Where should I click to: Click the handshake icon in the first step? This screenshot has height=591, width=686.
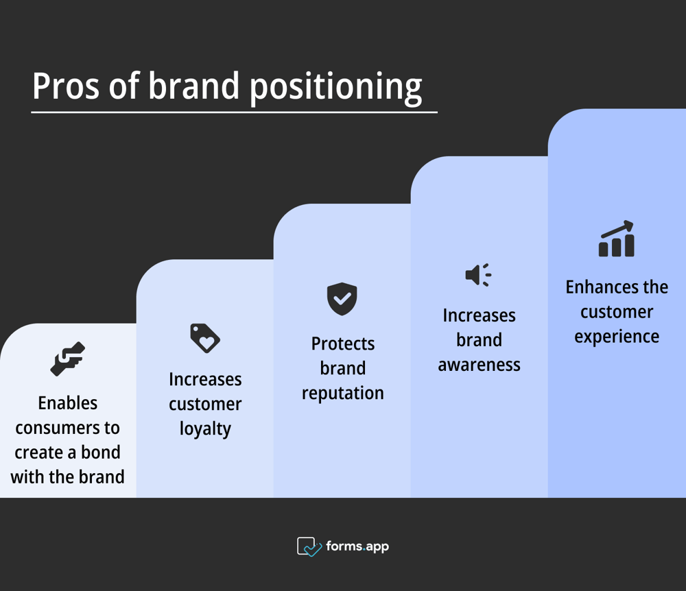[x=67, y=359]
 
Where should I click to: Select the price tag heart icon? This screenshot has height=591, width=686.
[x=204, y=338]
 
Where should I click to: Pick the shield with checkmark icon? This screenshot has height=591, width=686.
[x=342, y=299]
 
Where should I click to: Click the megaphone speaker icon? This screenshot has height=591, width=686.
[x=478, y=275]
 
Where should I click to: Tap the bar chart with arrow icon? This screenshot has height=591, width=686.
[x=616, y=239]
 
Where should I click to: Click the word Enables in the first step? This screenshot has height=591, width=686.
[x=67, y=403]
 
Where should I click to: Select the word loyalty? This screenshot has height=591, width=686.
[x=205, y=429]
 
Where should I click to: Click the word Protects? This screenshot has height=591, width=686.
[x=342, y=343]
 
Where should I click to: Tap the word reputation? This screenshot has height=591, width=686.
[x=342, y=393]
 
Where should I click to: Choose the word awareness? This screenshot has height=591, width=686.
[x=479, y=365]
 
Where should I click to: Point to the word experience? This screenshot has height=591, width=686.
[x=616, y=337]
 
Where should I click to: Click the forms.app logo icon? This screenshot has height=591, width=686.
[x=309, y=546]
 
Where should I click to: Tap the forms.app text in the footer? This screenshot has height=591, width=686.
[x=357, y=546]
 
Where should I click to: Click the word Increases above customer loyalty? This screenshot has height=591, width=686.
[x=205, y=379]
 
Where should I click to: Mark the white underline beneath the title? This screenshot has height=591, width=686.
[x=234, y=112]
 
